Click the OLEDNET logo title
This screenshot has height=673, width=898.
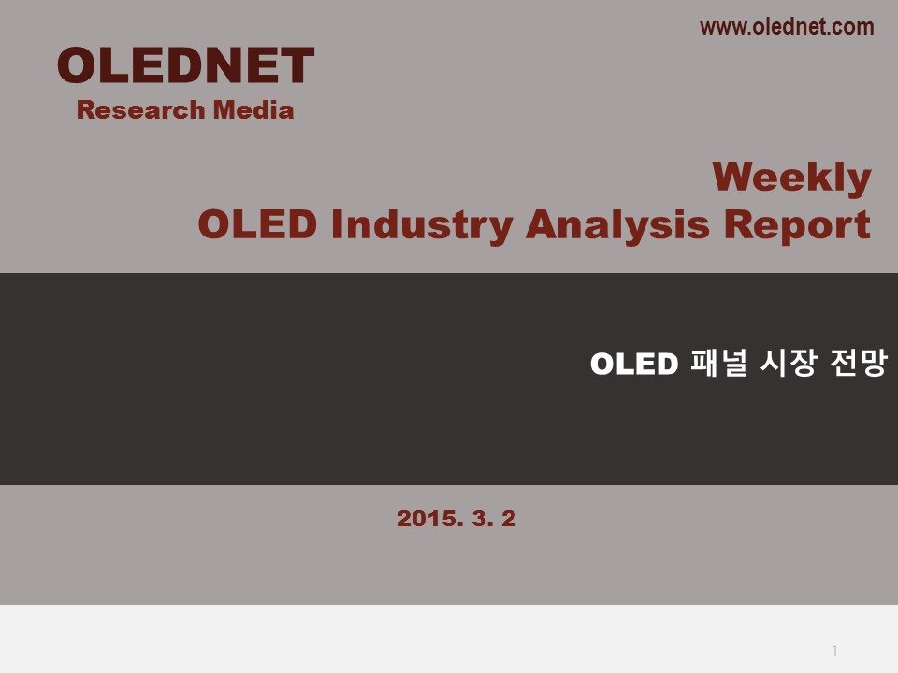point(185,65)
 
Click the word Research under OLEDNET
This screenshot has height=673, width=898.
point(141,110)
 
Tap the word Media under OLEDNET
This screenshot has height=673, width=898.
point(253,110)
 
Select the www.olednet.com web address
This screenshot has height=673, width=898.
point(787,27)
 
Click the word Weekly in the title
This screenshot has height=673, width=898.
point(791,179)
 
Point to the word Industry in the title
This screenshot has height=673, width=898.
point(422,225)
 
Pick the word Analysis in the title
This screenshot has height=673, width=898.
point(618,225)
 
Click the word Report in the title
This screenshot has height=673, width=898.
point(797,225)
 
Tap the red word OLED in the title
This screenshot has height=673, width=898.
point(257,223)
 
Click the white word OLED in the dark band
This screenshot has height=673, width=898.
point(634,364)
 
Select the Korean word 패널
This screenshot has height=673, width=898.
point(718,363)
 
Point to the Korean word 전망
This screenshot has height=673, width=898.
point(859,363)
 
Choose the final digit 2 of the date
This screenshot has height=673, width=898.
point(509,519)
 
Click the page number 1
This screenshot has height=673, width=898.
point(835,651)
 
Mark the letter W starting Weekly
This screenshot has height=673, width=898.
point(733,177)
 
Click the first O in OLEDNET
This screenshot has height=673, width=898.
point(77,65)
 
